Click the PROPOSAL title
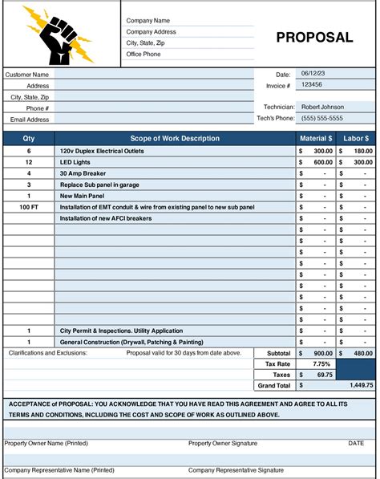tap(314, 37)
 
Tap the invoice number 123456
tap(313, 84)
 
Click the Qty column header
tap(29, 139)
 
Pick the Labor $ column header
tap(355, 139)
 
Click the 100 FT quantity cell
tap(29, 206)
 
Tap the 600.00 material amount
tap(322, 161)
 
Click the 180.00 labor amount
tap(362, 150)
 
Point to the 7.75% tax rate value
tap(314, 363)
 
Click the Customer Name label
tap(27, 74)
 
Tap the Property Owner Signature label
tap(223, 443)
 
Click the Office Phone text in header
tap(144, 54)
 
